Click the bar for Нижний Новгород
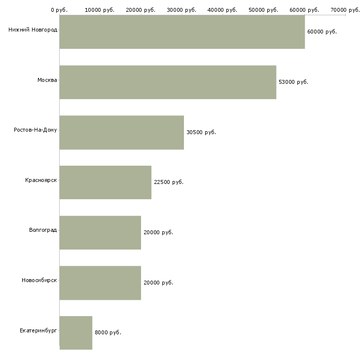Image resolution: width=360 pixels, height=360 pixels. [x=182, y=32]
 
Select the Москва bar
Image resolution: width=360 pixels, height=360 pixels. [x=168, y=82]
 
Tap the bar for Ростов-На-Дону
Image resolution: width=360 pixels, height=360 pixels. [x=122, y=133]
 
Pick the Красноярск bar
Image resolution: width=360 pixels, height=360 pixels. [x=106, y=182]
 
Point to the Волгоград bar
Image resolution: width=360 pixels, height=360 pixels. [x=100, y=233]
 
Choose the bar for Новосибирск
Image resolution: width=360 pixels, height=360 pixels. [x=100, y=283]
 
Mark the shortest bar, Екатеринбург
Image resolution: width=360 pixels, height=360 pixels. [x=76, y=333]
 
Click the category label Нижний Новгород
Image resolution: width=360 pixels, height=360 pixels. [x=33, y=30]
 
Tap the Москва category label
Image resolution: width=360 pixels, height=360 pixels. [x=47, y=80]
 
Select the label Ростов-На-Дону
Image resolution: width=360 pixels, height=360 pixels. [x=36, y=130]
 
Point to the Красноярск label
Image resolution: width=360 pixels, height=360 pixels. [x=41, y=180]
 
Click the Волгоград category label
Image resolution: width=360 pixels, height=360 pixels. [x=43, y=230]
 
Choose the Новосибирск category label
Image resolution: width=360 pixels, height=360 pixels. [x=39, y=281]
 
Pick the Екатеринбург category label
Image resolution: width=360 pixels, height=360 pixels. [x=38, y=331]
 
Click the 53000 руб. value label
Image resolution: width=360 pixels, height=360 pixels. [x=293, y=82]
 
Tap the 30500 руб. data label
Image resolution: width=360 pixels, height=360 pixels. [x=201, y=133]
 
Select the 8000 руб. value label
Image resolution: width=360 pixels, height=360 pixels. [x=108, y=333]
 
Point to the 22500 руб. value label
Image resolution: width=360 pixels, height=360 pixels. [x=169, y=182]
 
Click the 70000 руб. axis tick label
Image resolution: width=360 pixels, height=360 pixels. [x=346, y=10]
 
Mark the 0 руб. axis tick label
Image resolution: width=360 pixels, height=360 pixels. [x=59, y=10]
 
